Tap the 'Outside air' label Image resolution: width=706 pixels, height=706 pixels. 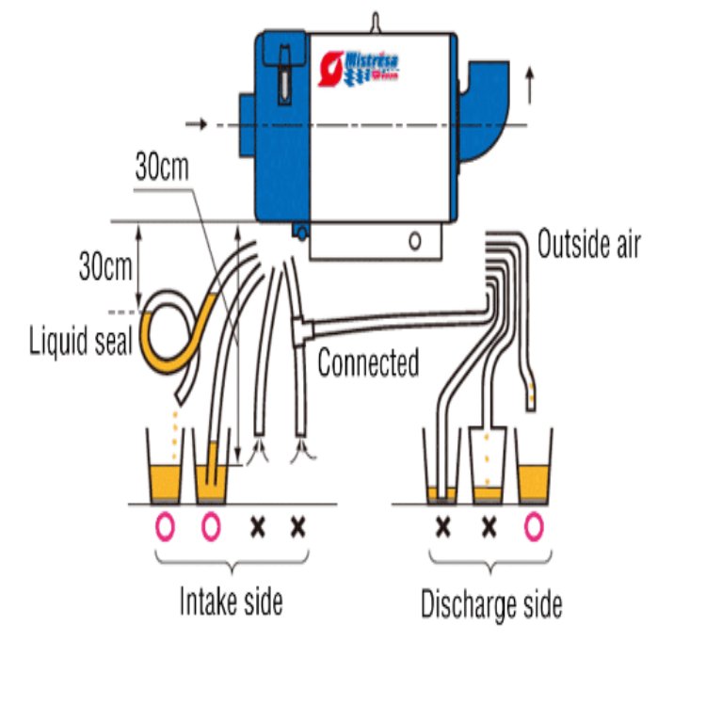(588, 246)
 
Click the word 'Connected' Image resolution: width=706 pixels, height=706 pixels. (368, 362)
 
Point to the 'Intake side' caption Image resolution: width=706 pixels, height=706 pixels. (231, 602)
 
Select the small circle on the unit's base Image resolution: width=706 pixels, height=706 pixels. (414, 240)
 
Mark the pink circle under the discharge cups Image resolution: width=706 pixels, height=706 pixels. (534, 527)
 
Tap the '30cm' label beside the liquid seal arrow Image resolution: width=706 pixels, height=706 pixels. (104, 267)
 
